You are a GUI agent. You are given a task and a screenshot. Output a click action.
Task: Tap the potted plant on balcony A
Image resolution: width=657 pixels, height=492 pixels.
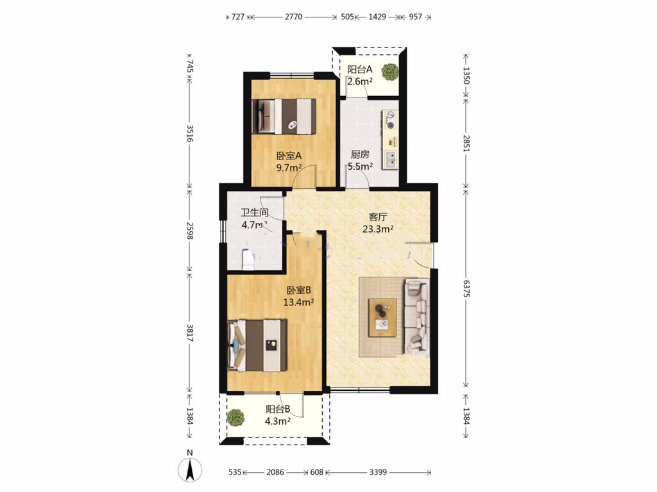pos(390,72)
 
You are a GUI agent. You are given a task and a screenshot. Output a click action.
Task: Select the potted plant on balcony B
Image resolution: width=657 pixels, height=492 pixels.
pos(236,418)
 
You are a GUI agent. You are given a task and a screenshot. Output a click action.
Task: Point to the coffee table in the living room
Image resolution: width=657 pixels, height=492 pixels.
pos(382,317)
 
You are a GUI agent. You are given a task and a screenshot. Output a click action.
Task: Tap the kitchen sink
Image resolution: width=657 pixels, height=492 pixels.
pos(391,159)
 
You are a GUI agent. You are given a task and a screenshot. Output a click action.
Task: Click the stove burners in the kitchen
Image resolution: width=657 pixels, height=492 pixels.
pos(391,119)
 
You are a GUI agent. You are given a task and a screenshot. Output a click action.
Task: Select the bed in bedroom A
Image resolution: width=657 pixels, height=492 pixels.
pos(284,117)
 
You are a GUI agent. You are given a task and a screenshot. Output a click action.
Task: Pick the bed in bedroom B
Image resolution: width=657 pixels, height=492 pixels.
pos(257,345)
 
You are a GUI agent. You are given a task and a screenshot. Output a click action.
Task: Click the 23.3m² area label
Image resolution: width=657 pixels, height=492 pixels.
pos(378,229)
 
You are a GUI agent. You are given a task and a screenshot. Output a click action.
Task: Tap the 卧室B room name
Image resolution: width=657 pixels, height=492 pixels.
pos(299,290)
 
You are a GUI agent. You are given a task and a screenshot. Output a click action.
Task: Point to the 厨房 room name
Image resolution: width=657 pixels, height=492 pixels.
pos(360,154)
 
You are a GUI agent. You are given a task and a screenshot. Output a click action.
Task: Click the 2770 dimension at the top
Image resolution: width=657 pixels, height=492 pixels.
pos(293,17)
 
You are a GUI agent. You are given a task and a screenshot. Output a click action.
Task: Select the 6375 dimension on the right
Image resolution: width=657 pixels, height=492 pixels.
pos(466,289)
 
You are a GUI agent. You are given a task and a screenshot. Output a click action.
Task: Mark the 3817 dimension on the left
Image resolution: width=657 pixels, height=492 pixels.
pos(189,333)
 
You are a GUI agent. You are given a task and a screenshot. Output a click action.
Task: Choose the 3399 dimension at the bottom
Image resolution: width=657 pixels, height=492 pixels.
pos(378,472)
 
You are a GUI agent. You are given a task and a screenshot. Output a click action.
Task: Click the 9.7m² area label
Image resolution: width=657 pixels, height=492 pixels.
pos(289,168)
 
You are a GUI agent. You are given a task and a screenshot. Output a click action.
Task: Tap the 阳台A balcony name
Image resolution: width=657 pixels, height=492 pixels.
pos(359,69)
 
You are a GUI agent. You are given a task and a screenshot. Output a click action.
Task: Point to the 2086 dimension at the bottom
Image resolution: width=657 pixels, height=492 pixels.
pos(275,472)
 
